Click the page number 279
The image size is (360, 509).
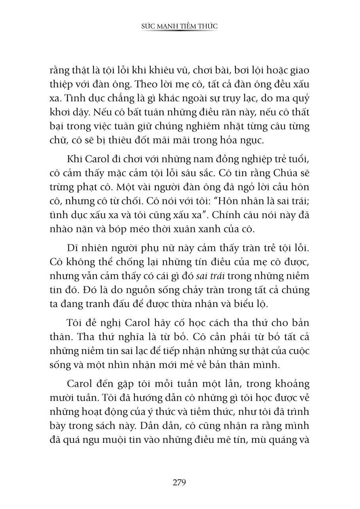pyautogui.click(x=179, y=482)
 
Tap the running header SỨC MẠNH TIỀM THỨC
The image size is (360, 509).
pyautogui.click(x=180, y=26)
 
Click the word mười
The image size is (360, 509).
pyautogui.click(x=61, y=398)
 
